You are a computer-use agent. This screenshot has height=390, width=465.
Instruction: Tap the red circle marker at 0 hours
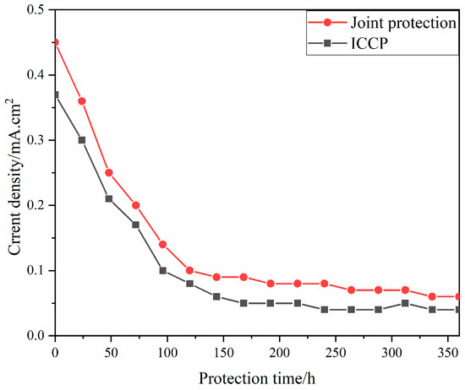[55, 41]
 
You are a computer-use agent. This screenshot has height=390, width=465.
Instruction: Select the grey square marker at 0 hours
[55, 95]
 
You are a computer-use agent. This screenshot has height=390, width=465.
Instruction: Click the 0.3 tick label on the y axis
[36, 140]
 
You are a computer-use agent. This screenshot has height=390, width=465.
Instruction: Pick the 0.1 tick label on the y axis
[36, 271]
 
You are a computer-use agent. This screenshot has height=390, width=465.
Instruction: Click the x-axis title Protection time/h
[258, 374]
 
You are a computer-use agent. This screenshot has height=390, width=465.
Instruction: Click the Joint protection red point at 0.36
[82, 100]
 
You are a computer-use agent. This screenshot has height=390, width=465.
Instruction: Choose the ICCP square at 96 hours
[162, 271]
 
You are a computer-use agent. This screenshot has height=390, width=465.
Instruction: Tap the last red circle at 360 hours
[459, 296]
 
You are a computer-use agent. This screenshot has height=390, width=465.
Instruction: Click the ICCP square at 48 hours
[109, 198]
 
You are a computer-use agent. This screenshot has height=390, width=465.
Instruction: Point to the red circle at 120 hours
[189, 271]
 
